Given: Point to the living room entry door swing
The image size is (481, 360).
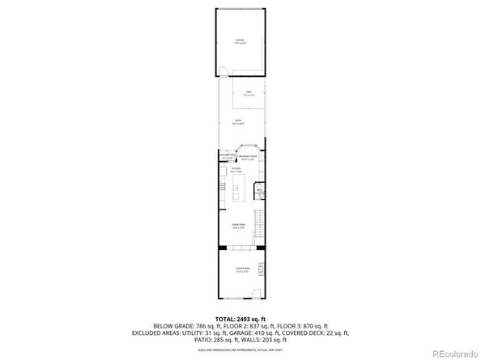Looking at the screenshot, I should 254,294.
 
